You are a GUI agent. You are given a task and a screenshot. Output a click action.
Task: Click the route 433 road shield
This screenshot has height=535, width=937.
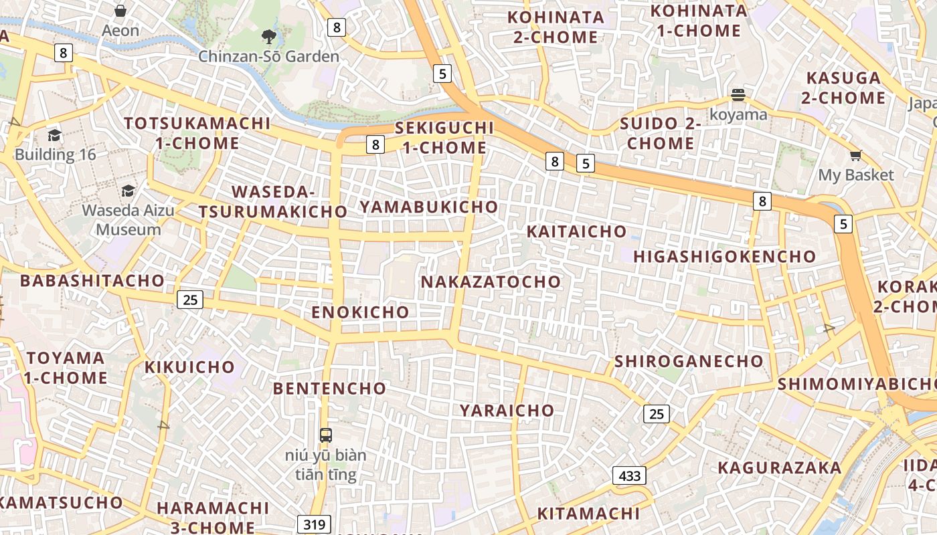click(630, 475)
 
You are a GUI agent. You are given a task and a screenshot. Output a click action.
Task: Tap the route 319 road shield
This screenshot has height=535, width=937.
click(314, 524)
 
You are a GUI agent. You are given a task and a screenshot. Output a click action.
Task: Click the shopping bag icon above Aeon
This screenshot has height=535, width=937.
click(120, 11)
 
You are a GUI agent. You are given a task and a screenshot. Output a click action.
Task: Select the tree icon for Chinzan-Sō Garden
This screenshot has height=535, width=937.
click(269, 36)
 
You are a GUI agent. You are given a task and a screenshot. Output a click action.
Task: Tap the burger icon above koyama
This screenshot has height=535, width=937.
click(738, 95)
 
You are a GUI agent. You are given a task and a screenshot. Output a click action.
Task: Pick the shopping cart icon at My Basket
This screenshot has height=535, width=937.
click(855, 156)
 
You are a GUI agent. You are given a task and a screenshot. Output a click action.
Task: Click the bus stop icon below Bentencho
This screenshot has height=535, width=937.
click(326, 435)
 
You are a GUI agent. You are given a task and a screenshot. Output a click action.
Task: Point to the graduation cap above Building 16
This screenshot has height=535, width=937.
click(54, 135)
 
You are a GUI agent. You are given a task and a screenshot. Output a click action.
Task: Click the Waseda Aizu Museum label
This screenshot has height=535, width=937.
click(128, 219)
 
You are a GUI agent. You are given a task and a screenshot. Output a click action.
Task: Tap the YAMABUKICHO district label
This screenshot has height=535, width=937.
click(429, 207)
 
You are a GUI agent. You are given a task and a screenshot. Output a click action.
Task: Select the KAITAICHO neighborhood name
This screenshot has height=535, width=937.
click(577, 232)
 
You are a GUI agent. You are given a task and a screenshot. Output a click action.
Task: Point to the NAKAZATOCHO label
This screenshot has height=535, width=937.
click(491, 282)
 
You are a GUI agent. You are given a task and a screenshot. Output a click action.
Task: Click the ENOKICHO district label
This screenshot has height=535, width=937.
click(360, 312)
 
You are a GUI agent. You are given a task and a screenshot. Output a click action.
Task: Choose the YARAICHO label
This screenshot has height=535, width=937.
click(507, 411)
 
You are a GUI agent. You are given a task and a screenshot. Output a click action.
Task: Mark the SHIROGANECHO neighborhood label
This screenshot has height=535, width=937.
click(689, 361)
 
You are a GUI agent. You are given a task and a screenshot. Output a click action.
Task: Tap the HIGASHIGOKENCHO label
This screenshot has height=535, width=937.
click(725, 257)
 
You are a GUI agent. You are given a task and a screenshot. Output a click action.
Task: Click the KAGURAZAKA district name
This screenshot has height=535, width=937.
click(779, 467)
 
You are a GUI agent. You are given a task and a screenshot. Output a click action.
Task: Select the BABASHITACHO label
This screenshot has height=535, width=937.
click(92, 280)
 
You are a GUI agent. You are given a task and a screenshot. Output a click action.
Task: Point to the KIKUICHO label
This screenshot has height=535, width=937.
click(190, 367)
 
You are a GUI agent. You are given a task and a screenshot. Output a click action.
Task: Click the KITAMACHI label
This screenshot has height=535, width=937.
click(589, 514)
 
